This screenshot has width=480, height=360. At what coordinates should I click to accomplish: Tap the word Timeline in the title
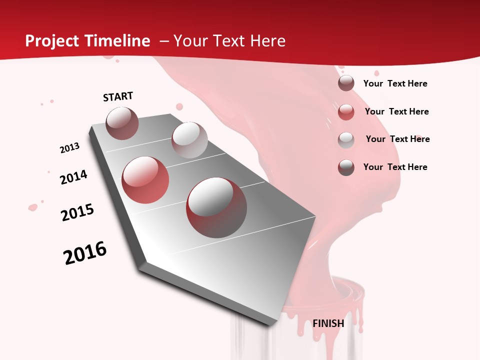(x=118, y=41)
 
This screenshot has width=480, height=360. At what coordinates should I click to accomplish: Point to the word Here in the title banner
(x=268, y=41)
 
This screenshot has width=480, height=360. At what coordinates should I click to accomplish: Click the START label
(x=118, y=96)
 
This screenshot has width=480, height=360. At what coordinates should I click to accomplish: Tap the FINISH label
(x=328, y=323)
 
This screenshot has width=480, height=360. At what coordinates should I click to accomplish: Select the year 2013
(x=69, y=148)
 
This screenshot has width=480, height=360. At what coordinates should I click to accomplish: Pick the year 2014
(x=73, y=177)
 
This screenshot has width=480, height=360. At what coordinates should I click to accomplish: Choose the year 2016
(x=85, y=253)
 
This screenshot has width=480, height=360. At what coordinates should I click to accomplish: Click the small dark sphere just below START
(x=122, y=123)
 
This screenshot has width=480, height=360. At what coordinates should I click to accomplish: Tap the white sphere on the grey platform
(x=189, y=140)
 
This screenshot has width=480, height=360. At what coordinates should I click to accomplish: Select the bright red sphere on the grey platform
(x=145, y=180)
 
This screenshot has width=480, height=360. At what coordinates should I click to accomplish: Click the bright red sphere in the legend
(x=346, y=112)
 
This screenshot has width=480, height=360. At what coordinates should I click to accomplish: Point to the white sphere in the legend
(x=346, y=140)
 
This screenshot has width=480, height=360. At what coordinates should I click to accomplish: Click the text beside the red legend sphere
(x=396, y=111)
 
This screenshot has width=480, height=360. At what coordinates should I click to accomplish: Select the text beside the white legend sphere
(x=397, y=139)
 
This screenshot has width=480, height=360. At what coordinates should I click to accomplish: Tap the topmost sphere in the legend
(x=346, y=83)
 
